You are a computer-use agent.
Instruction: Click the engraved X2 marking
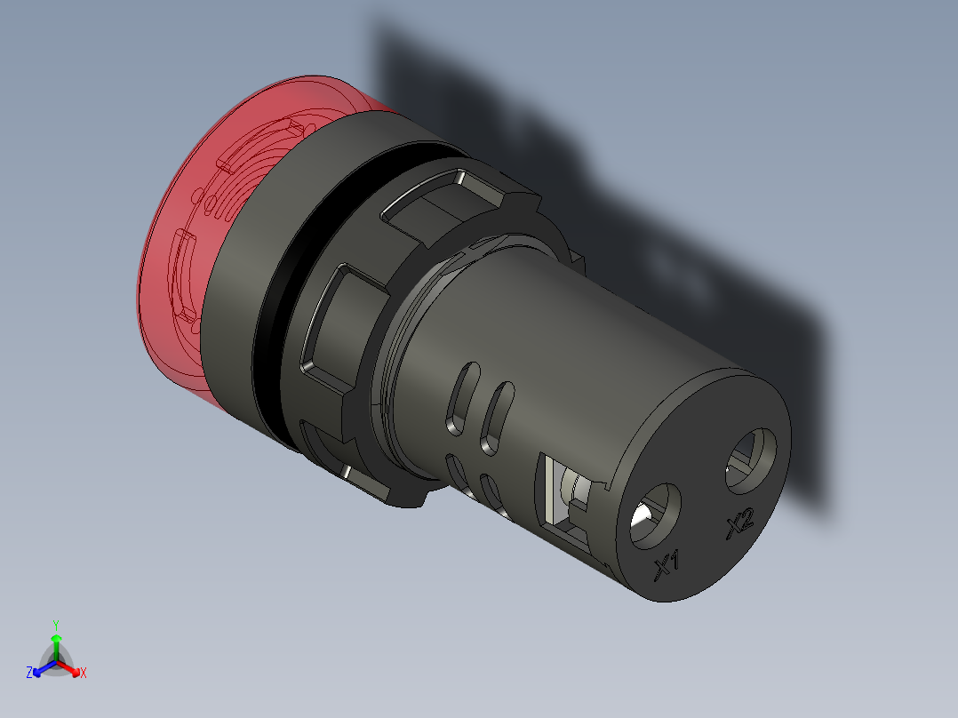tap(739, 525)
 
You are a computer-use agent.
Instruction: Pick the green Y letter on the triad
tap(55, 624)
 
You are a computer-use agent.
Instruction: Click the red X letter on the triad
tap(84, 674)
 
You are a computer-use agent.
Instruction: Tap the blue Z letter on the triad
tap(29, 674)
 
